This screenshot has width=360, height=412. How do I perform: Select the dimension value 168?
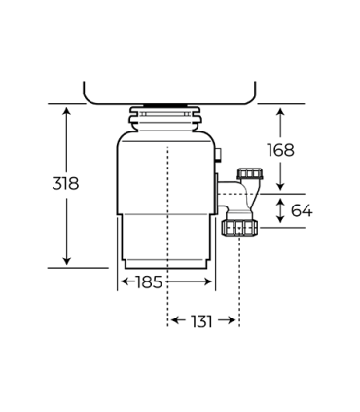coord(280,150)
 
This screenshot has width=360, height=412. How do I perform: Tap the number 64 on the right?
coord(302,210)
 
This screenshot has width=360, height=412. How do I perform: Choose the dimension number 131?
coord(203,320)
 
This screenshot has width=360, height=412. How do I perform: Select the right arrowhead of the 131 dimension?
coord(234,320)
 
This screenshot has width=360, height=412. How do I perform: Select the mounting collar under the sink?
coord(168,119)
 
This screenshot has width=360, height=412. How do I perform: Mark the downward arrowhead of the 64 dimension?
coord(280,223)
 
